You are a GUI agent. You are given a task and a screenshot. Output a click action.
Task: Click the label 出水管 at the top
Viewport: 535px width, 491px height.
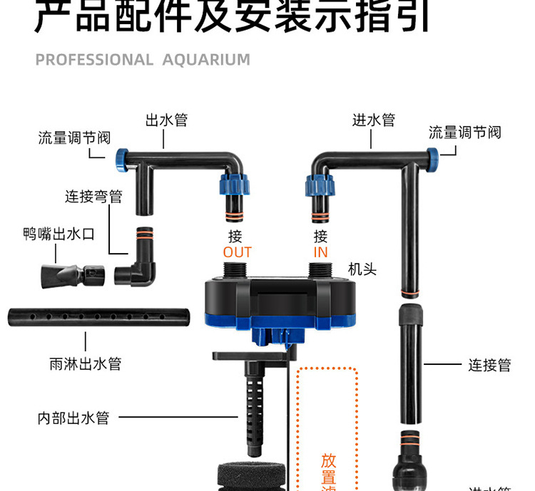click(x=166, y=120)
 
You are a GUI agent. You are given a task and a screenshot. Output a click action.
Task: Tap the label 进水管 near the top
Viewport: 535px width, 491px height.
click(x=373, y=120)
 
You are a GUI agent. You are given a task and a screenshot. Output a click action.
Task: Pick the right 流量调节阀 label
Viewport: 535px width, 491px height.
click(x=464, y=133)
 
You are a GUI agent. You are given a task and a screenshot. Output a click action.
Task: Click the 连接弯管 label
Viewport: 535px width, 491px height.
click(x=93, y=197)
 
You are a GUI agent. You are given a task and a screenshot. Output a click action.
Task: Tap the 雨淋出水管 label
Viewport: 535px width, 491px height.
click(x=86, y=363)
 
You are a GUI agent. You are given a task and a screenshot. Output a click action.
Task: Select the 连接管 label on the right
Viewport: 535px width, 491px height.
click(x=489, y=365)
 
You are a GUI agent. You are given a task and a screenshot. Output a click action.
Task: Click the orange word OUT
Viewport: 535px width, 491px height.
click(x=238, y=253)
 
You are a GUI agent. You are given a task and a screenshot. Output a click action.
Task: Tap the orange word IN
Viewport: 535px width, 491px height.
click(x=320, y=253)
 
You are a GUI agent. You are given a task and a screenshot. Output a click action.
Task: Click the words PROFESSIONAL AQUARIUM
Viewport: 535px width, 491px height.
click(x=143, y=60)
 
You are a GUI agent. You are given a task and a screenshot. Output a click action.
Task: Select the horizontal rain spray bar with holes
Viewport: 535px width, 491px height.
click(x=98, y=316)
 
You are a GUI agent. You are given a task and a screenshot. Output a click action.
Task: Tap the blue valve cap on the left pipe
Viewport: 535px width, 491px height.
click(x=121, y=158)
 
